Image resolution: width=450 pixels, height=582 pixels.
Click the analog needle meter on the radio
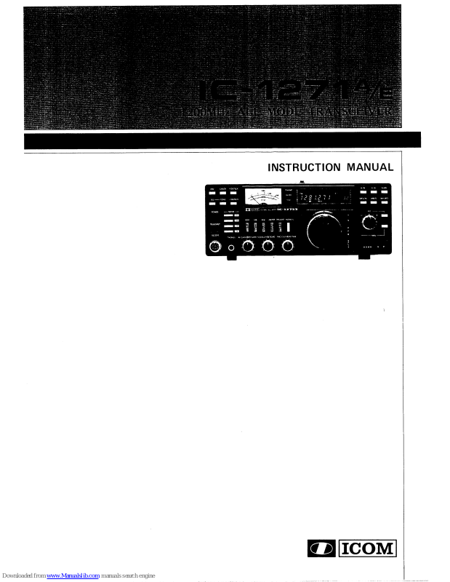tap(262, 199)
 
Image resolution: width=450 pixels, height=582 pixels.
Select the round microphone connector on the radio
tap(215, 248)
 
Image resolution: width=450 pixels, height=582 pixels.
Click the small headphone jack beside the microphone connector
tap(232, 249)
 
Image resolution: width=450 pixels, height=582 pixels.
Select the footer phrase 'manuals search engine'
tap(128, 576)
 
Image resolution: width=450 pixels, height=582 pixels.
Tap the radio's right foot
tap(364, 258)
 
